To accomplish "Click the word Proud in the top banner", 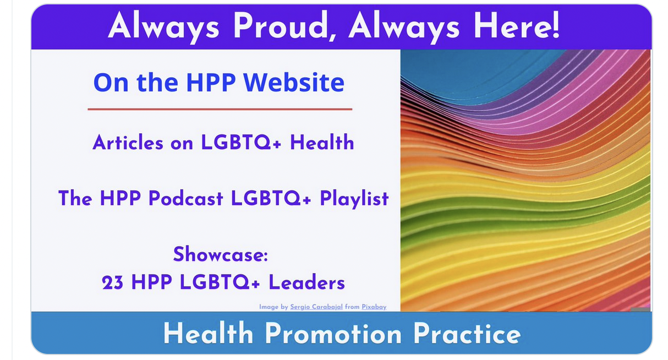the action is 286,26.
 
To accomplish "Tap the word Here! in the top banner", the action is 517,26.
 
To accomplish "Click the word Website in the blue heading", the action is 294,83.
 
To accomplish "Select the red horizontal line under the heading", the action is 220,109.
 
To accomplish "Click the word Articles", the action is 128,142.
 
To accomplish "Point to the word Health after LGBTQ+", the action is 322,142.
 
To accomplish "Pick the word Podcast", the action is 185,198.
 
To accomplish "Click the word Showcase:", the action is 221,254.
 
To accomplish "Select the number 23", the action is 112,282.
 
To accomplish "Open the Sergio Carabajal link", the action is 316,307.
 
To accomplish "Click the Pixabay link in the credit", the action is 374,307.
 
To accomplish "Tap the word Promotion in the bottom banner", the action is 333,334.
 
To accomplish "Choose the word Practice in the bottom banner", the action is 467,334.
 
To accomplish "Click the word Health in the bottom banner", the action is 208,334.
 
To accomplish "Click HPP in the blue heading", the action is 211,83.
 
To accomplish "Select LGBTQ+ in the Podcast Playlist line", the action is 271,198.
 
